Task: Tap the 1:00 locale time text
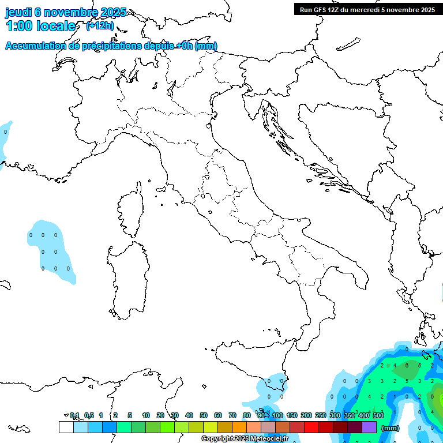(40, 26)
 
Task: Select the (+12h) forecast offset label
(99, 26)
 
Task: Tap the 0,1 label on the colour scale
(74, 415)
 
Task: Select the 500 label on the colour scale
(378, 415)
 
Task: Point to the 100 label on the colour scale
(277, 415)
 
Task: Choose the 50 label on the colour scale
(204, 415)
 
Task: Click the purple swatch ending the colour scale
(369, 427)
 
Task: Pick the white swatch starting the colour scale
(66, 427)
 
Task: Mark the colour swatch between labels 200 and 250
(311, 427)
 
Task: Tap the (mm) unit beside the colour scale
(391, 428)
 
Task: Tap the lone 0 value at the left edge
(5, 132)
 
